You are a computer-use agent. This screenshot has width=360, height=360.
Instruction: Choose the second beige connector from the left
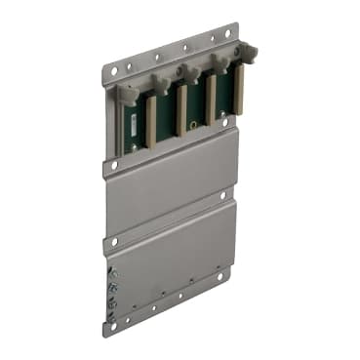coord(180,109)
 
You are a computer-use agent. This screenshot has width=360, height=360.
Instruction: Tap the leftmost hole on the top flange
coord(114,71)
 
